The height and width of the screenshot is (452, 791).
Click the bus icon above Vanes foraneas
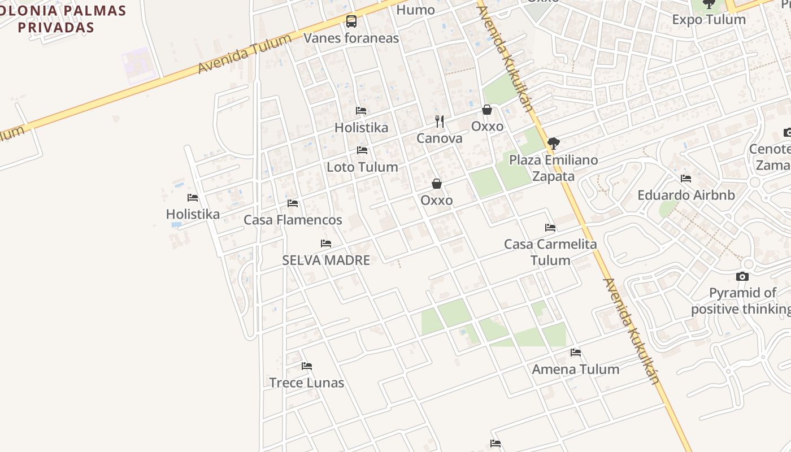[351, 22]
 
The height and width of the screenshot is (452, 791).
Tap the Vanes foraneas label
[351, 38]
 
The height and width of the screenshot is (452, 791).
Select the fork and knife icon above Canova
[440, 121]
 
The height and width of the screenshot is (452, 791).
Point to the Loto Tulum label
[362, 167]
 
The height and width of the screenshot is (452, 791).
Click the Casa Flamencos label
[293, 220]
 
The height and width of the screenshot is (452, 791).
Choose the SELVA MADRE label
[326, 260]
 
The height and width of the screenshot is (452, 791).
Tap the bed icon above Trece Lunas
[307, 366]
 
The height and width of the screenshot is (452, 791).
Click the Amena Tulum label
[576, 370]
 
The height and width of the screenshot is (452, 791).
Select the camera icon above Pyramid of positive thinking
[742, 277]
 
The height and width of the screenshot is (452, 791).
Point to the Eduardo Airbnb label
[686, 195]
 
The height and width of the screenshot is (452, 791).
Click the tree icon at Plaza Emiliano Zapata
[554, 143]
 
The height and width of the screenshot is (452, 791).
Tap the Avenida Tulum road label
[244, 54]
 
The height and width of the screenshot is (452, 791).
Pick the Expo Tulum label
[709, 20]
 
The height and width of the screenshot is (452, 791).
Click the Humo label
[416, 10]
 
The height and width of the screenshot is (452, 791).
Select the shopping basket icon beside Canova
[487, 110]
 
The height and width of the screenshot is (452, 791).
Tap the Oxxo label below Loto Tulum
[437, 201]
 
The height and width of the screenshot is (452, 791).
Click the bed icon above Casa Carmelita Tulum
[550, 228]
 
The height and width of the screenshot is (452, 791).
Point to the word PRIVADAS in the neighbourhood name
[55, 27]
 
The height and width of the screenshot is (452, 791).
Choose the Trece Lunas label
[307, 383]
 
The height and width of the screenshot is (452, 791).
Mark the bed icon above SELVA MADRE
[326, 244]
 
